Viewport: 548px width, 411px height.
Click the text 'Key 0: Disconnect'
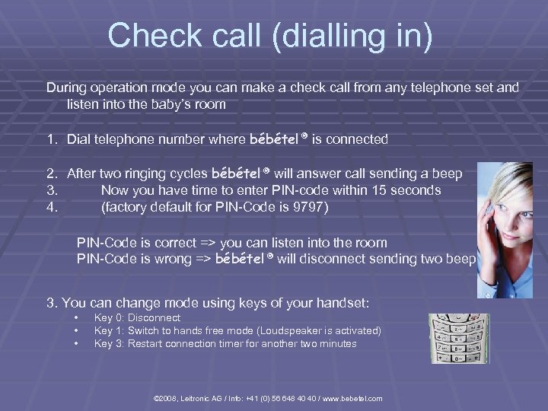(x=137, y=317)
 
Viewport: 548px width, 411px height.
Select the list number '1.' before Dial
(x=53, y=139)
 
